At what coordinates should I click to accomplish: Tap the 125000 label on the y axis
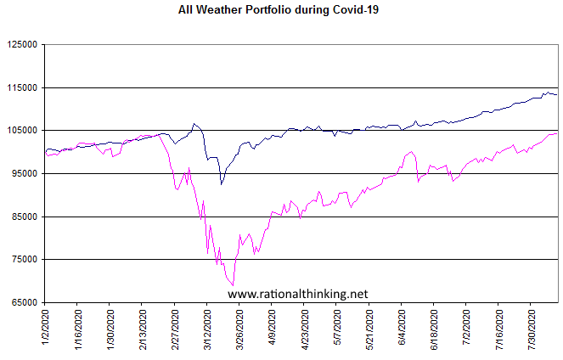click(24, 45)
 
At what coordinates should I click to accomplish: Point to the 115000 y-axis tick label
click(24, 87)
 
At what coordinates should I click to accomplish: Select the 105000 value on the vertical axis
click(24, 131)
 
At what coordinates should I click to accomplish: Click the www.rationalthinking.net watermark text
click(298, 294)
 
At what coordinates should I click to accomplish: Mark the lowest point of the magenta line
click(233, 285)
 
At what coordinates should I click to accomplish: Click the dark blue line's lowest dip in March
click(221, 183)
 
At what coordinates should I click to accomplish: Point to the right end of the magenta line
click(556, 133)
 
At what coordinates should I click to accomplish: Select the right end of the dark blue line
click(556, 94)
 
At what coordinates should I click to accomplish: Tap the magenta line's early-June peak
click(412, 152)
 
